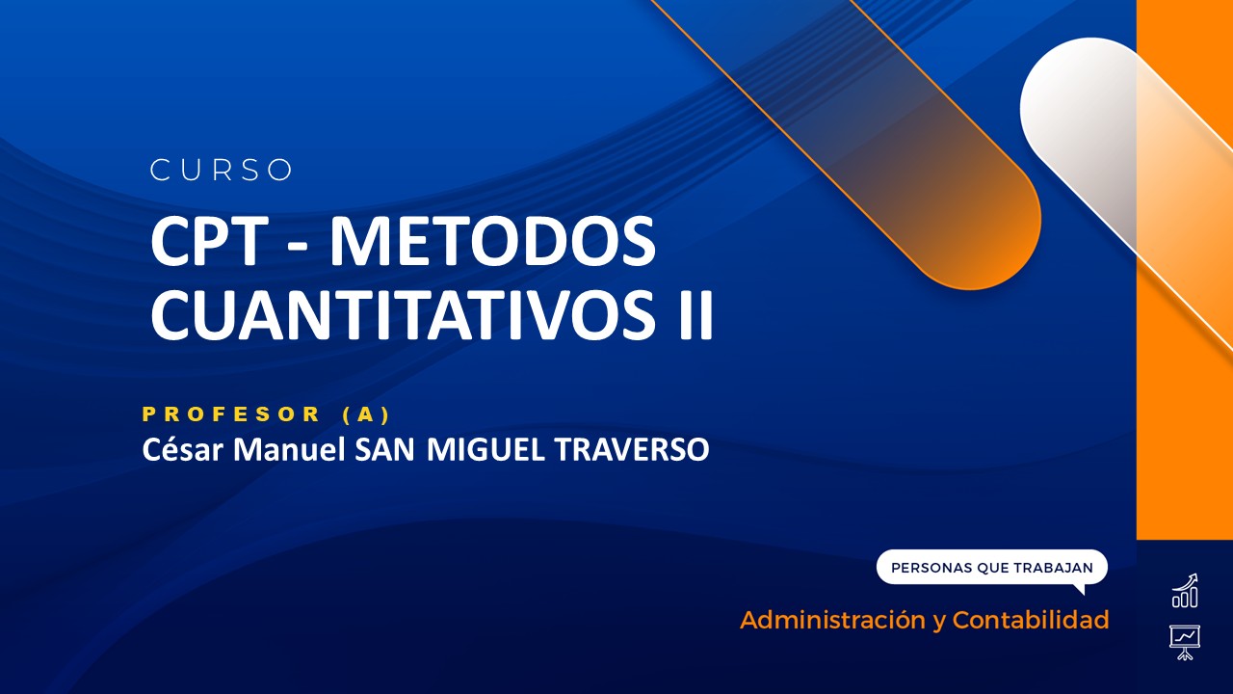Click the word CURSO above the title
222,171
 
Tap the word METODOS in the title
492,244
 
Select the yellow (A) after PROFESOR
365,414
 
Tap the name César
175,449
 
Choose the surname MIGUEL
485,449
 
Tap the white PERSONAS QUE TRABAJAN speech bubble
991,568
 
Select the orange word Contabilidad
1030,620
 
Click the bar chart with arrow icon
1185,592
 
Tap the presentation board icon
1185,641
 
